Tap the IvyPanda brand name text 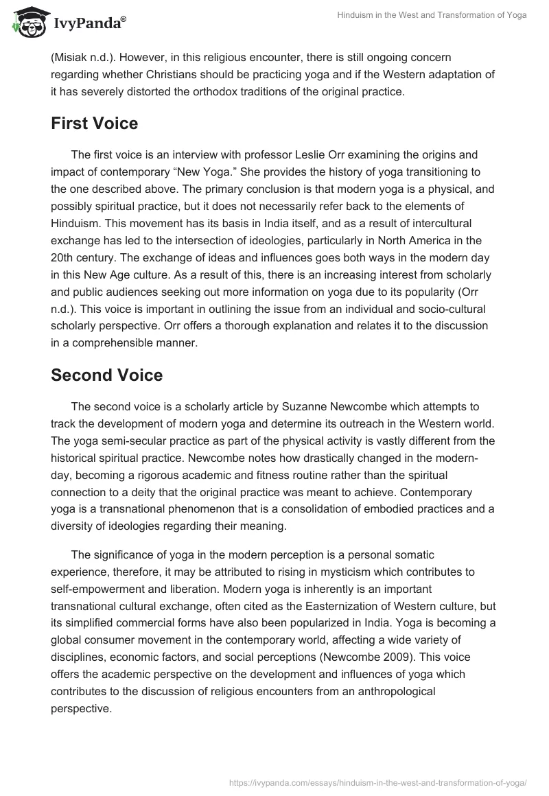(88, 24)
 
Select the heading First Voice (95, 124)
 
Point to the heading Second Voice (107, 375)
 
